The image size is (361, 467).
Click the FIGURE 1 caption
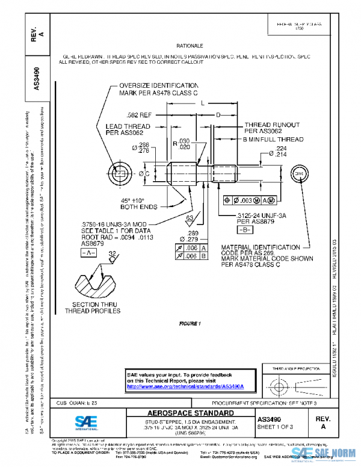tap(190, 324)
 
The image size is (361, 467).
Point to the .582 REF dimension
tap(139, 114)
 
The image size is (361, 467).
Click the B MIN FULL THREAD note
tap(272, 139)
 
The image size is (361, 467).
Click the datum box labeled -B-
tap(244, 230)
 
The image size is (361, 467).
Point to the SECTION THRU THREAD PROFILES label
tap(96, 308)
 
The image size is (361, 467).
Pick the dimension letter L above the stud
tap(202, 104)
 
